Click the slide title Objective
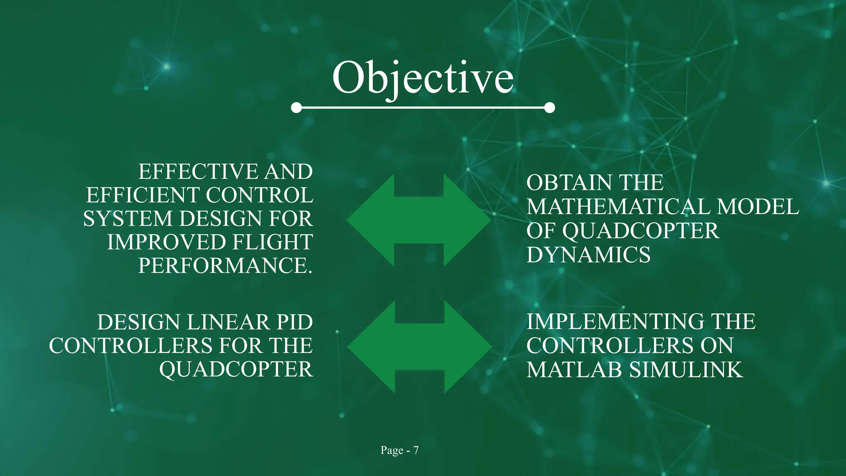(x=423, y=78)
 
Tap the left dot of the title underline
(x=296, y=108)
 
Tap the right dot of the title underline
(x=549, y=108)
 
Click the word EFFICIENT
(x=143, y=195)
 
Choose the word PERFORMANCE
(x=225, y=266)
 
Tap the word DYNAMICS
(x=588, y=255)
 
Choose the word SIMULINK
(x=686, y=370)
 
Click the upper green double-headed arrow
(x=419, y=220)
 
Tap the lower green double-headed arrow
(x=419, y=347)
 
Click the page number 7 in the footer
(x=416, y=450)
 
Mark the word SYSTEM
(x=128, y=219)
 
